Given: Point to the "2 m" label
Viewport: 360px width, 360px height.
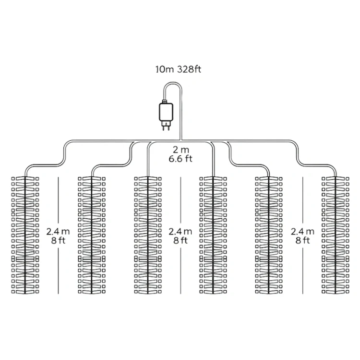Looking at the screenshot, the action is pyautogui.click(x=180, y=149).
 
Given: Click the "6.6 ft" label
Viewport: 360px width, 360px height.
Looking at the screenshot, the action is pyautogui.click(x=180, y=159).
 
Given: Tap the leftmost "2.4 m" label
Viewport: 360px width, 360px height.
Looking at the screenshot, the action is pyautogui.click(x=58, y=232).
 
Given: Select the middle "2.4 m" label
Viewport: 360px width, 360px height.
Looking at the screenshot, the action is pyautogui.click(x=180, y=232).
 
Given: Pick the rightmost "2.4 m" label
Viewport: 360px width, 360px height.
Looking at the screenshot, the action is pyautogui.click(x=302, y=232).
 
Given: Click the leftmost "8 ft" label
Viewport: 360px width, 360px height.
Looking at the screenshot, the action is pyautogui.click(x=58, y=240).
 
